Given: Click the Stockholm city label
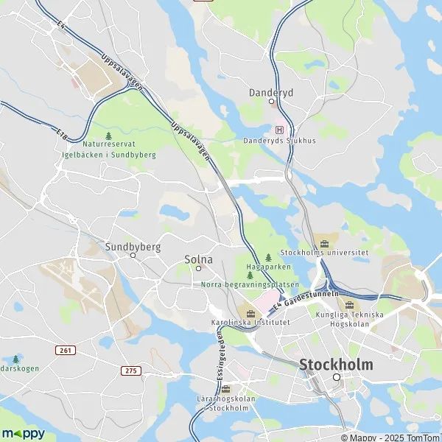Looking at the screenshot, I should pos(336,365).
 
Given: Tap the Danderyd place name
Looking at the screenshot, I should pos(271,92).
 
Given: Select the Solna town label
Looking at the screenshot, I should pos(198,259).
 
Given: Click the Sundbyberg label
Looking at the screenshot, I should pos(133,247).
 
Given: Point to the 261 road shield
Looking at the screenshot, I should pos(65,351).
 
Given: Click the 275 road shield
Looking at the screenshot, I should pos(131,370).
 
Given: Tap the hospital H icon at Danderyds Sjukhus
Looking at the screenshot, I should pos(279,129).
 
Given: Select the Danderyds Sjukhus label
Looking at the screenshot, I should pos(280,141).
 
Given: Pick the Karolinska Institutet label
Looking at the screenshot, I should pos(250,323).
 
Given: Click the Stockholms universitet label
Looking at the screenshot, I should pos(325,252).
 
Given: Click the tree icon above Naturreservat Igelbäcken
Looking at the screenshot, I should pos(109,136).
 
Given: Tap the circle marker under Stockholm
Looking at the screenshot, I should pos(337,377).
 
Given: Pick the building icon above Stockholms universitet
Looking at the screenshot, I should pos(324,241).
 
